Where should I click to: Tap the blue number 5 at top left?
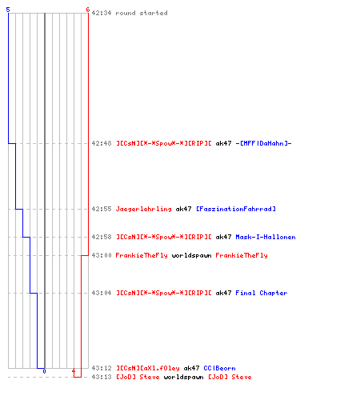tap(8, 10)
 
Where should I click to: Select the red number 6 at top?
tap(88, 10)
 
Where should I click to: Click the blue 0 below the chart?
tap(44, 371)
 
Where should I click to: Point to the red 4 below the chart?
tap(74, 371)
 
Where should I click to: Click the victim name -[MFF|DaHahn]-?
tap(263, 143)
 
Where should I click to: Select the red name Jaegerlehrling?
tap(143, 209)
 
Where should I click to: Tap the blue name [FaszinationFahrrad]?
tap(236, 209)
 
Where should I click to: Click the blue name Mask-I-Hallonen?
tap(266, 237)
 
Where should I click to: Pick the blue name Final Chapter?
tap(262, 293)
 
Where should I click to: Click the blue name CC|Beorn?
tap(219, 368)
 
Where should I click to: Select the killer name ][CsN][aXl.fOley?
tap(148, 368)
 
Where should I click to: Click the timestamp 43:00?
tap(102, 255)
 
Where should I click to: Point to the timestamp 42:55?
tap(102, 209)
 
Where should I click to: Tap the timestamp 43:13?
tap(102, 377)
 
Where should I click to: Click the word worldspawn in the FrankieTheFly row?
tap(191, 255)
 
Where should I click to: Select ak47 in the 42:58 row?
tap(223, 237)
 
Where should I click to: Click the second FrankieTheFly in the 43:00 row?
tap(242, 255)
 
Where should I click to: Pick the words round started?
tap(142, 13)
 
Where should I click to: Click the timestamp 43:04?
tap(102, 293)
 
